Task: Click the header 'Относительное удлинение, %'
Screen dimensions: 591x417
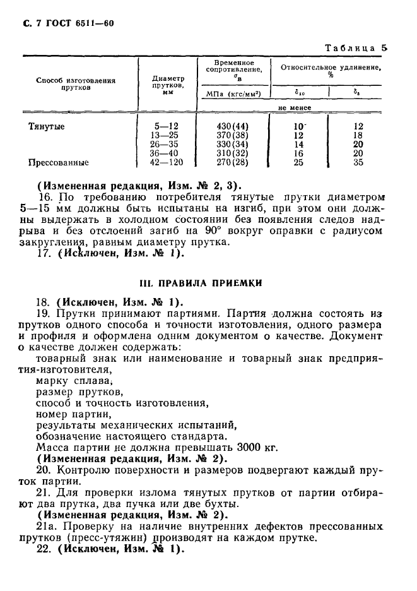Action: pyautogui.click(x=330, y=69)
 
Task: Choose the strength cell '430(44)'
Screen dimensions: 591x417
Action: pyautogui.click(x=233, y=126)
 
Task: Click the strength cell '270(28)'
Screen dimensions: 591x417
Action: pyautogui.click(x=233, y=162)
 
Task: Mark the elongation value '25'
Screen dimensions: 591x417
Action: pyautogui.click(x=298, y=162)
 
